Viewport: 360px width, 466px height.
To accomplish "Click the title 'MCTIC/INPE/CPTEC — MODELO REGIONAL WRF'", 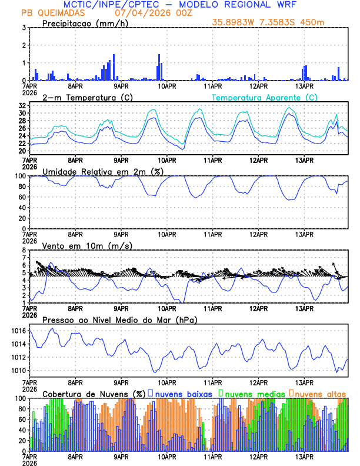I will coord(179,5).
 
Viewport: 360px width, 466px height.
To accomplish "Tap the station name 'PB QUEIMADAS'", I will coord(52,13).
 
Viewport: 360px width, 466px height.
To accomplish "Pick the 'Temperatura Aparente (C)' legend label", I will coord(264,97).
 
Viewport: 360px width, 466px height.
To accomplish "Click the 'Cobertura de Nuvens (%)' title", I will coord(94,394).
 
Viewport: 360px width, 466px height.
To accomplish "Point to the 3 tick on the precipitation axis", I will coord(24,28).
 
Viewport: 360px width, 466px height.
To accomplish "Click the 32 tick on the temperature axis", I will coord(22,105).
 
